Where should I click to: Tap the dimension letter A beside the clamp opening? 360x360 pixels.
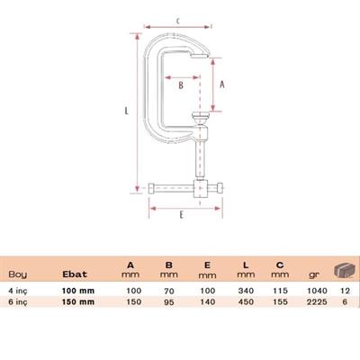click(x=222, y=85)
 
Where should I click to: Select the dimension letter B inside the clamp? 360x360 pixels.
click(x=181, y=86)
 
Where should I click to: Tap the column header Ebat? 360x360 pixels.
click(x=74, y=274)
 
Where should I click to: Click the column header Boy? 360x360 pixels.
click(x=17, y=274)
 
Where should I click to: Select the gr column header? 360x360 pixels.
click(x=313, y=274)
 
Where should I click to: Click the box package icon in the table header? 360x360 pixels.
click(x=343, y=271)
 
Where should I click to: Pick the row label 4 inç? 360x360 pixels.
click(x=18, y=290)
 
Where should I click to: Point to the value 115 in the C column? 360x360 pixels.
click(x=280, y=290)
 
